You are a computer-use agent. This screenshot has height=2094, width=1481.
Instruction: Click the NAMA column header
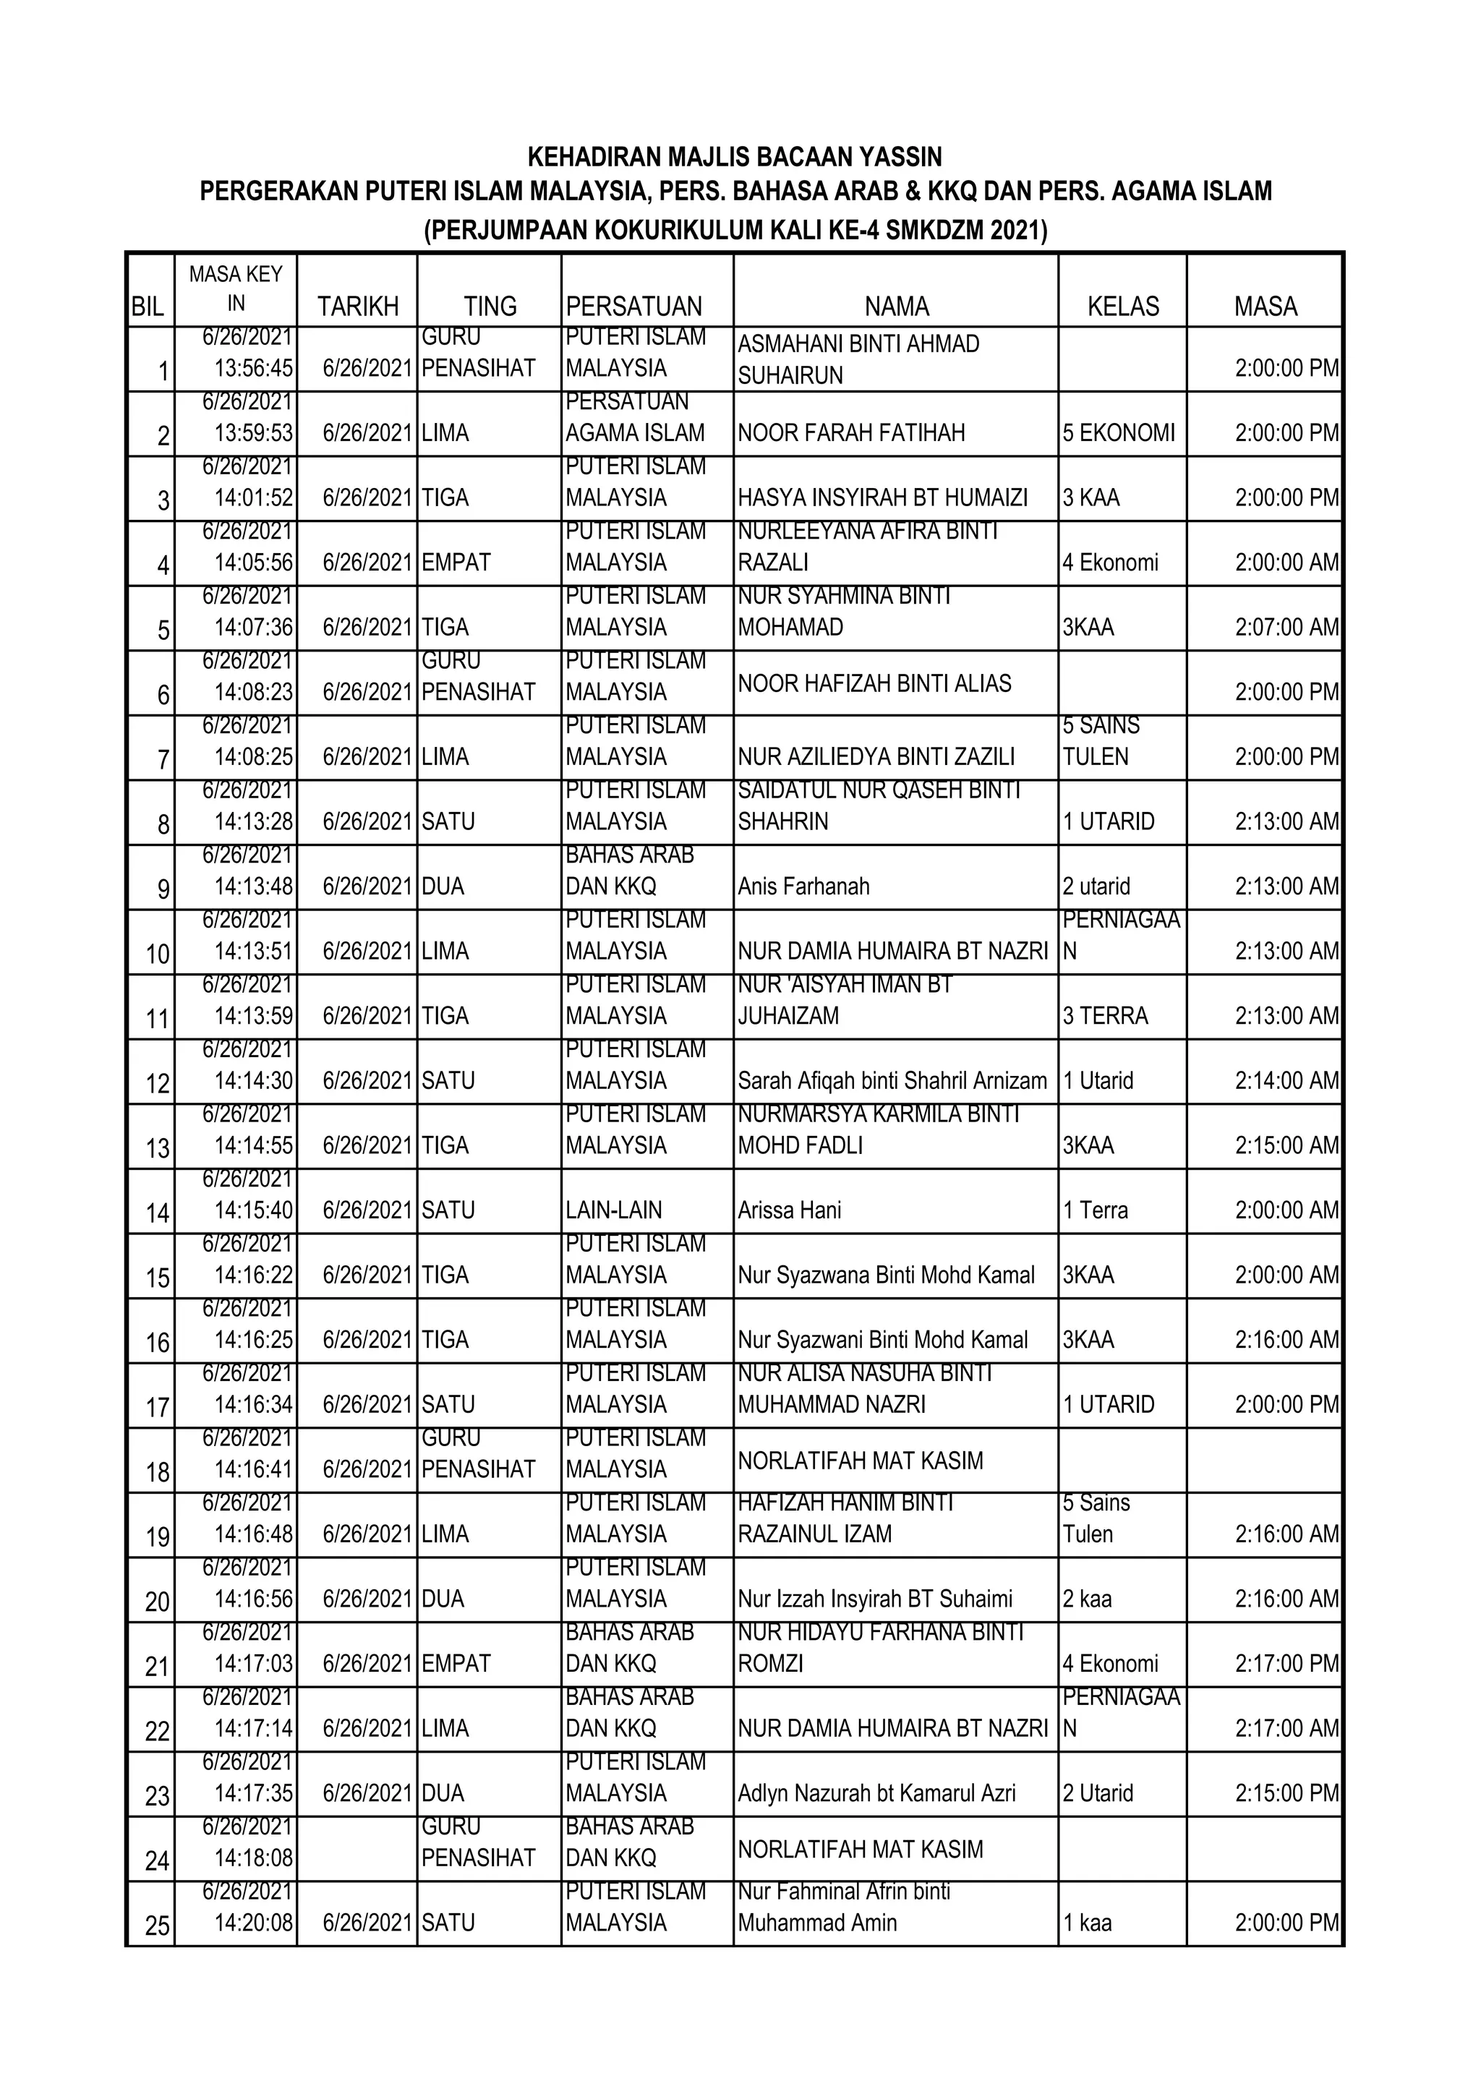[897, 307]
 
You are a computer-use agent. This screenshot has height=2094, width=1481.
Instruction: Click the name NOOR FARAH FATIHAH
[851, 432]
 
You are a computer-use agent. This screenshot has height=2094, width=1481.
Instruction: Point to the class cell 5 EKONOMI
[1118, 432]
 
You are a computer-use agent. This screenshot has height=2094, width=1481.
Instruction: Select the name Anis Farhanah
[803, 886]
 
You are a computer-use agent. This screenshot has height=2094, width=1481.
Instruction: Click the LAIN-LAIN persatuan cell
[614, 1210]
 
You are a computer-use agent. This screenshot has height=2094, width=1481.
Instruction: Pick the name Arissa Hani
[789, 1210]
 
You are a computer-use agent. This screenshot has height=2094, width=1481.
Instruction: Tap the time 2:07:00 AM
[1286, 627]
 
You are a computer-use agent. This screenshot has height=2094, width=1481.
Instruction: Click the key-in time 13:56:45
[254, 369]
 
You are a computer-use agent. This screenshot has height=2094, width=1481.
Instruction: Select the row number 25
[157, 1926]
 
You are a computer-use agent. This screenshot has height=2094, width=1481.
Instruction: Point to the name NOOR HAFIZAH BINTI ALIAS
[874, 683]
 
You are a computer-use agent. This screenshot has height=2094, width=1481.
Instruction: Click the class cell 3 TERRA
[1104, 1015]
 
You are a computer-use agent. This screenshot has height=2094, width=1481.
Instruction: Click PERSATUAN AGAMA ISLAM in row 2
[635, 418]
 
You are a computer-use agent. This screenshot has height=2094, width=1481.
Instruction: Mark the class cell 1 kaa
[1086, 1923]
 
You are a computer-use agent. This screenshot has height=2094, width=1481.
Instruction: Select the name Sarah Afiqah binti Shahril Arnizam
[892, 1081]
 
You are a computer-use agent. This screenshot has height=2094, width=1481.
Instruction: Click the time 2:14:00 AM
[1286, 1081]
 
